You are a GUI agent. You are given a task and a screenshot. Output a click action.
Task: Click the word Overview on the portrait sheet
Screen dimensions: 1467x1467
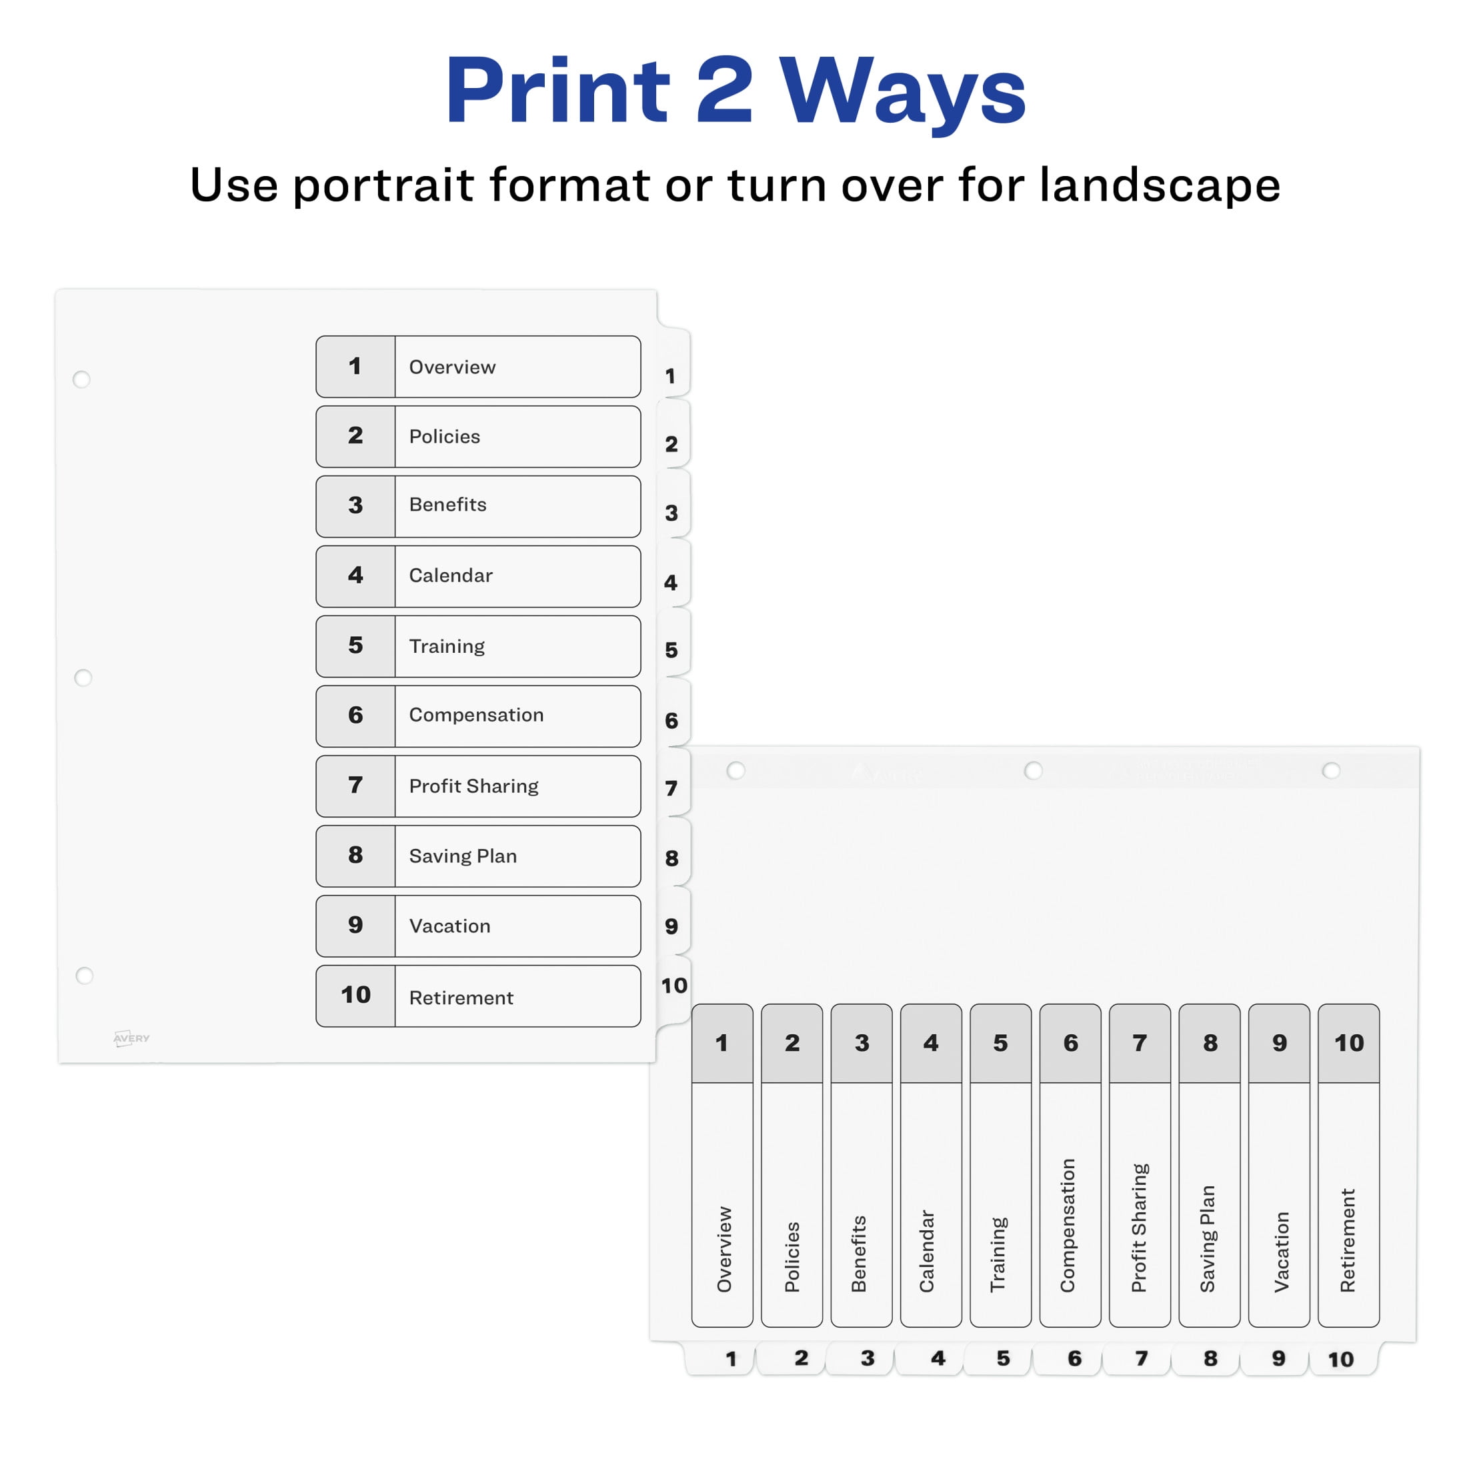tap(452, 367)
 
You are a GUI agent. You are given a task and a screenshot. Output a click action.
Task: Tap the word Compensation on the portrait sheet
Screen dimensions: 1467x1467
tap(476, 715)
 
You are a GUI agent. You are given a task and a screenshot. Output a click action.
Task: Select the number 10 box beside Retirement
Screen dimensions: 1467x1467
tap(355, 996)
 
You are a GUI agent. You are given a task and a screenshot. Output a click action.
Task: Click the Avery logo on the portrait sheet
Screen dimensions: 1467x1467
tap(131, 1038)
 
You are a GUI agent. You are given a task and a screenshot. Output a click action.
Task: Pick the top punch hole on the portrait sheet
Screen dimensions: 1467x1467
tap(81, 379)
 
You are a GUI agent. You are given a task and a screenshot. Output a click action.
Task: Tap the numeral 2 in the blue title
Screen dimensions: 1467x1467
tap(723, 89)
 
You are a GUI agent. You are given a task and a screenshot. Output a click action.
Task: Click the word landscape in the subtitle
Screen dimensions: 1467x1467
tap(1160, 185)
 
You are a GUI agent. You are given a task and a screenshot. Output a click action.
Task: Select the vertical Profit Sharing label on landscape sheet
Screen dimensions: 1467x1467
tap(1139, 1228)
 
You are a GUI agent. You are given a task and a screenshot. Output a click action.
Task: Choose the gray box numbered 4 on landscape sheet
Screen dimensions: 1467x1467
tap(931, 1044)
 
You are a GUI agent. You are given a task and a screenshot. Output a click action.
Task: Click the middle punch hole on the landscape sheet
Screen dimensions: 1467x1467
tap(1033, 771)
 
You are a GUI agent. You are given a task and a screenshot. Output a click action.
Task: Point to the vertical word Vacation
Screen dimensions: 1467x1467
tap(1282, 1252)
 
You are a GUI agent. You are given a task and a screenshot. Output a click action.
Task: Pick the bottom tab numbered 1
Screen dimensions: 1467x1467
tap(721, 1358)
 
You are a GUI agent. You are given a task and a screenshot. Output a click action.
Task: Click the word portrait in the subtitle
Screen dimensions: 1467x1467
tap(384, 186)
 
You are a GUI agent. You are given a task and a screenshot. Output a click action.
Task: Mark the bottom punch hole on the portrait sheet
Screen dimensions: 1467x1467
tap(84, 975)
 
